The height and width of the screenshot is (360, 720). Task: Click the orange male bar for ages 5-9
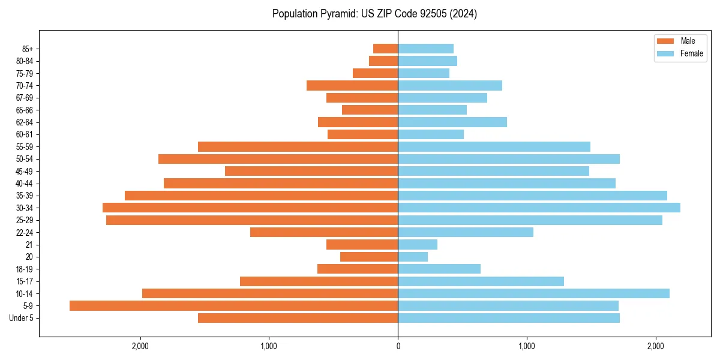tap(233, 306)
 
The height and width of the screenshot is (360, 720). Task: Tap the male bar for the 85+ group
tap(385, 49)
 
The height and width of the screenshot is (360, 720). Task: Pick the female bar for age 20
tap(413, 257)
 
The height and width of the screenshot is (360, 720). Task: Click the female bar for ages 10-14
tap(533, 293)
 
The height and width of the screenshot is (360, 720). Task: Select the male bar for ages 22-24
tap(324, 232)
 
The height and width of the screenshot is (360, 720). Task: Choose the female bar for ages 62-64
tap(452, 122)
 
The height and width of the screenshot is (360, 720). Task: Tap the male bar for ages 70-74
tap(352, 86)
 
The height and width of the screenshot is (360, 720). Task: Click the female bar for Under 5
tap(509, 318)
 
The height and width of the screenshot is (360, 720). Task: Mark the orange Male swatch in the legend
tap(665, 41)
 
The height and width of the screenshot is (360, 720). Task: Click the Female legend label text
tap(692, 53)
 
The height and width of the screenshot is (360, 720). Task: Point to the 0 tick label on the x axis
tap(398, 346)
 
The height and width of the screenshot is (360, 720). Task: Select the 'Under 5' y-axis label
tap(21, 318)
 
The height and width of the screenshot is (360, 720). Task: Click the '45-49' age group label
tap(25, 171)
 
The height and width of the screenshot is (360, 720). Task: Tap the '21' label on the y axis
tap(29, 245)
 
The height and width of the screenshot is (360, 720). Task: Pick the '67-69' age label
tap(25, 98)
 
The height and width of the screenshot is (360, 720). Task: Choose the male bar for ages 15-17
tap(319, 281)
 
